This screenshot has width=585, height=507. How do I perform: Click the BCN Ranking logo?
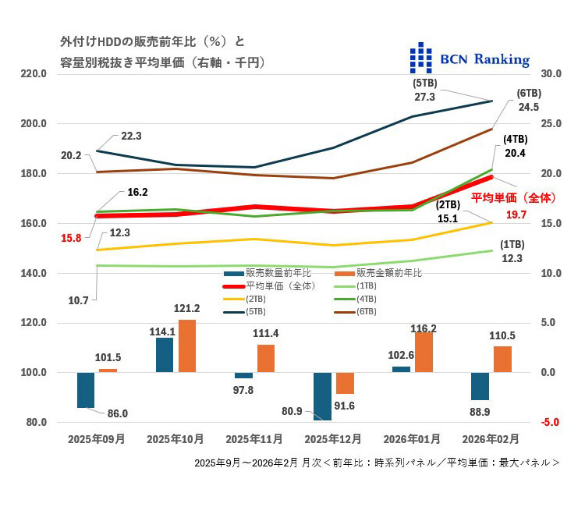[x=470, y=59]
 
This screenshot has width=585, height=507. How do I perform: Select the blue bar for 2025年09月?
[x=86, y=390]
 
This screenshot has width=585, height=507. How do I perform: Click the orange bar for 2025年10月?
[x=187, y=346]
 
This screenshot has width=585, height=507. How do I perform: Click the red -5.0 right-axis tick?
[x=550, y=423]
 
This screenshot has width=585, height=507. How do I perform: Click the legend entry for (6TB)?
[x=367, y=311]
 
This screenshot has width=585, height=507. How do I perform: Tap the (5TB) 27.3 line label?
[x=424, y=90]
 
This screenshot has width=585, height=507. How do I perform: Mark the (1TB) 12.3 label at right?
[x=511, y=252]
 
